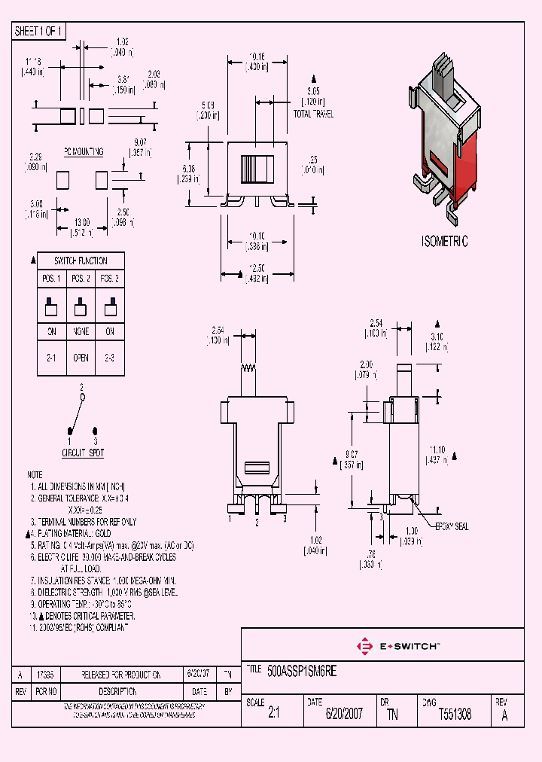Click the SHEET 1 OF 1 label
click(39, 32)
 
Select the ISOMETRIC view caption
click(443, 242)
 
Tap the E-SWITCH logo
click(398, 645)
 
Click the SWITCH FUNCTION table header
click(81, 261)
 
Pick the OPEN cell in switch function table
click(81, 358)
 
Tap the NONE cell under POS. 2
click(81, 332)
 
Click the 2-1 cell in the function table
click(51, 358)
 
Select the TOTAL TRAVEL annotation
click(313, 114)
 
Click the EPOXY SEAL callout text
click(452, 526)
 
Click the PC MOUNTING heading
click(83, 151)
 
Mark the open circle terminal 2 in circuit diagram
click(83, 396)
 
